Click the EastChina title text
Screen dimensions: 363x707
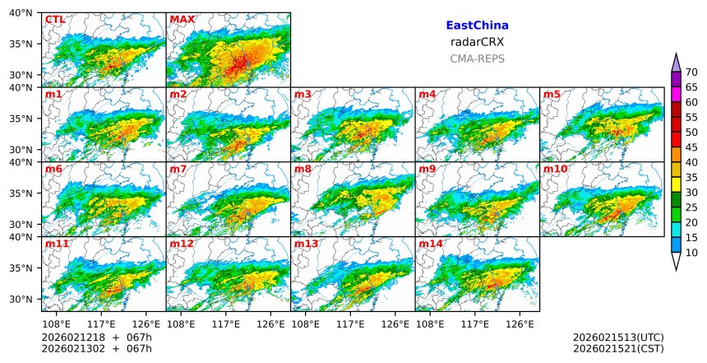[x=477, y=26]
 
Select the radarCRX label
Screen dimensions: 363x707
[x=477, y=42]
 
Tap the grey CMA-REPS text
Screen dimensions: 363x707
[x=477, y=58]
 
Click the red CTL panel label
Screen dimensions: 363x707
[x=55, y=20]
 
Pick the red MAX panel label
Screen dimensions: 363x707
[x=182, y=20]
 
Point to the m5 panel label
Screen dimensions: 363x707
[x=552, y=95]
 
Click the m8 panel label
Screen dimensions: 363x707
[x=303, y=170]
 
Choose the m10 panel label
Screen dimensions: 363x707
[x=555, y=170]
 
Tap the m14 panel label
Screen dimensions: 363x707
[x=431, y=244]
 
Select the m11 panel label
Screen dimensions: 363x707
[x=57, y=244]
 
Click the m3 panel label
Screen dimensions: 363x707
[x=303, y=95]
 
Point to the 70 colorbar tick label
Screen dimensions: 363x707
[x=691, y=72]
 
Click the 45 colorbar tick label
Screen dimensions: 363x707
[x=691, y=147]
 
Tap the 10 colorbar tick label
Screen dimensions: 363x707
[x=691, y=253]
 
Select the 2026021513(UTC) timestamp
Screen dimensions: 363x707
[x=618, y=337]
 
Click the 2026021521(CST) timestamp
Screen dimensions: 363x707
[x=618, y=349]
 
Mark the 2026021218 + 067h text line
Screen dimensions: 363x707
[x=91, y=337]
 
